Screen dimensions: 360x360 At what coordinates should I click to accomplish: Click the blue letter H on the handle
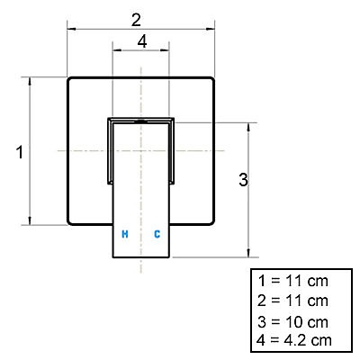[x=125, y=234]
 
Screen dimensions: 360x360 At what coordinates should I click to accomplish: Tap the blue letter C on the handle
[x=157, y=234]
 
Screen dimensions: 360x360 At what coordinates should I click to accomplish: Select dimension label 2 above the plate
[x=136, y=21]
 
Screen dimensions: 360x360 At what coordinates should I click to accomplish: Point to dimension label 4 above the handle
[x=142, y=41]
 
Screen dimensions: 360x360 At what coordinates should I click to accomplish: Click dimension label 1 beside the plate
[x=20, y=152]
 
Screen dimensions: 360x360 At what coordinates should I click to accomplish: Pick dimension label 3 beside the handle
[x=243, y=180]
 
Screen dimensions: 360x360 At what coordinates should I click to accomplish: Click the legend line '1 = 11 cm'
[x=292, y=281]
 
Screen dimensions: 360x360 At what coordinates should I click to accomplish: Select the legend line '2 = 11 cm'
[x=292, y=301]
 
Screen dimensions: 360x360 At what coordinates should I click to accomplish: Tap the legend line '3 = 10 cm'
[x=292, y=322]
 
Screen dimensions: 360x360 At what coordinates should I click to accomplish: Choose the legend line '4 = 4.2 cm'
[x=294, y=340]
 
